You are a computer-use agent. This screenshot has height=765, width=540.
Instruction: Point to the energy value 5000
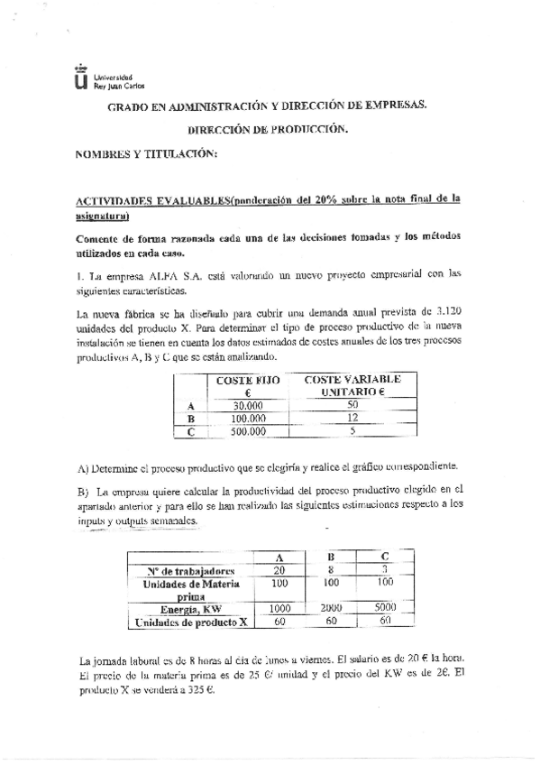(386, 609)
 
